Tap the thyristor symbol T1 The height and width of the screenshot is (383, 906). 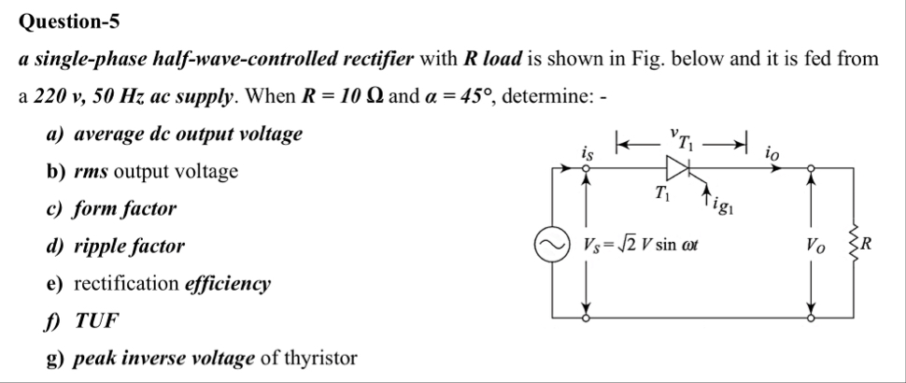pyautogui.click(x=675, y=168)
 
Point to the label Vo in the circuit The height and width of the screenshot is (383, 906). pyautogui.click(x=818, y=247)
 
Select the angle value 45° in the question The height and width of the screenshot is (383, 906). pyautogui.click(x=476, y=96)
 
